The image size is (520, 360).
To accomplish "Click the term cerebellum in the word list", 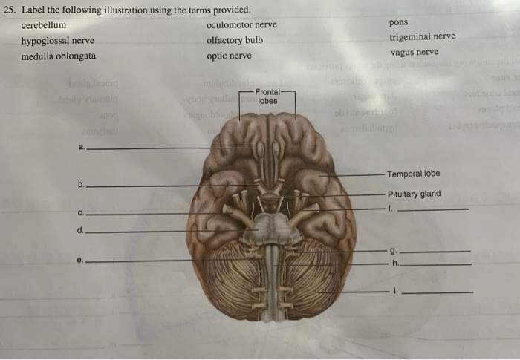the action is click(x=44, y=25).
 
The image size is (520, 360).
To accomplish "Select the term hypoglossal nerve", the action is click(x=57, y=41).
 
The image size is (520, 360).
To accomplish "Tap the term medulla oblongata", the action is click(x=58, y=56).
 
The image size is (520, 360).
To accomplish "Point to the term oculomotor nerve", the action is click(x=241, y=25).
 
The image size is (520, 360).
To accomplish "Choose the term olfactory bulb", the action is click(x=235, y=40).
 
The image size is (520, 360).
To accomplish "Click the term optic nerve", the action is click(x=229, y=56).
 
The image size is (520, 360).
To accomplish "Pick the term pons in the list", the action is click(x=399, y=22).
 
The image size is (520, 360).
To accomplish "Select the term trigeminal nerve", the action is click(x=422, y=36).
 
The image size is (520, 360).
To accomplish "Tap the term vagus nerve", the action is click(x=414, y=52).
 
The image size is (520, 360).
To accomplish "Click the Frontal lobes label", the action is click(x=268, y=96).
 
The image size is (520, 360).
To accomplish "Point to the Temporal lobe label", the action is click(x=413, y=174).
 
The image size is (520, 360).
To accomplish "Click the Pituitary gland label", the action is click(x=414, y=194).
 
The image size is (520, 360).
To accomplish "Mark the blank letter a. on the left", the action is click(x=81, y=146).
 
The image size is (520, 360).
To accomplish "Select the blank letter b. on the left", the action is click(x=80, y=183).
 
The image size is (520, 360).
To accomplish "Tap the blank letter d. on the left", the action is click(x=80, y=230).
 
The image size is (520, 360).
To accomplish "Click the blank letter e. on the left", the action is click(x=79, y=260).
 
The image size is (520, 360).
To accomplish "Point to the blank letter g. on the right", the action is click(x=391, y=251).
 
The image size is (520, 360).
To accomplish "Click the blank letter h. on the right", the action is click(x=394, y=264).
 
